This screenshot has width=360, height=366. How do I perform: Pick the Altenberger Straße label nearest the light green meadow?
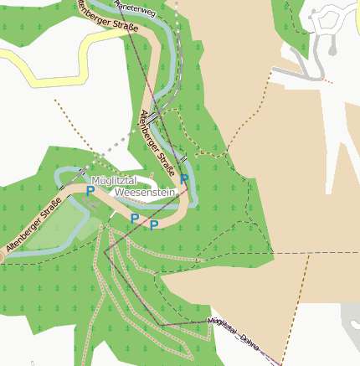(33, 226)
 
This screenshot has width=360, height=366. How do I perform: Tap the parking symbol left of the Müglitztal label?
(90, 191)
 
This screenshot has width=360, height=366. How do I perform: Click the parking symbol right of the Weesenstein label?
(184, 179)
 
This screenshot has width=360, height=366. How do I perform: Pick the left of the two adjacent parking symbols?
(134, 219)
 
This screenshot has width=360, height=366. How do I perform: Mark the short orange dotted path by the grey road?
(326, 80)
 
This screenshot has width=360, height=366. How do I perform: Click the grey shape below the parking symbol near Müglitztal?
(91, 203)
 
